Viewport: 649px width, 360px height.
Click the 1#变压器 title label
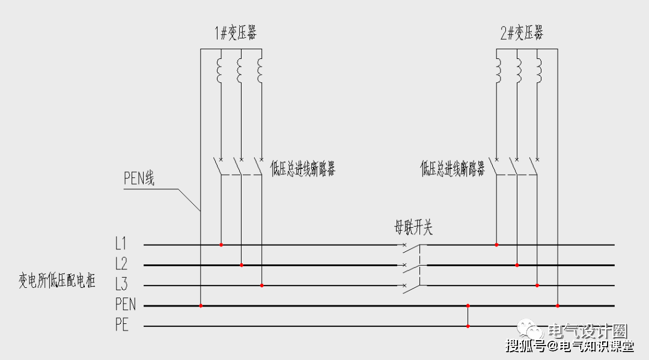click(236, 33)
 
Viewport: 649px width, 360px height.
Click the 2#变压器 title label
click(522, 33)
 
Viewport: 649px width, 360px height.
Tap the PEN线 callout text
click(139, 178)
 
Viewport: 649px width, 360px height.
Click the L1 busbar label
click(121, 245)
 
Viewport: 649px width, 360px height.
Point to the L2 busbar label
click(121, 264)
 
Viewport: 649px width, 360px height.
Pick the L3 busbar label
click(121, 285)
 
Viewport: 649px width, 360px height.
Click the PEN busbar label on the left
click(126, 305)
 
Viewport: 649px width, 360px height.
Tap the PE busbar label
click(121, 326)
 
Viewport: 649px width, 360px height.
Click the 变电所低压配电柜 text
click(56, 281)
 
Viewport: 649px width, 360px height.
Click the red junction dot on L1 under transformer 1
click(221, 245)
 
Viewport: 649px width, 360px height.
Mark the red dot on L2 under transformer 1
click(242, 265)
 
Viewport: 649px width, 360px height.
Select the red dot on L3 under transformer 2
click(537, 285)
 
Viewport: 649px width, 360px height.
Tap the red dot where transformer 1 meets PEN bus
click(201, 306)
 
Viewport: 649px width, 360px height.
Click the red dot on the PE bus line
click(468, 326)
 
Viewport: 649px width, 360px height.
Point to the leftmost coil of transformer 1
click(220, 71)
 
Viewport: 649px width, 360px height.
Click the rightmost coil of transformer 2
click(538, 71)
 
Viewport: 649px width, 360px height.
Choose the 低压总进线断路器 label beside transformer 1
click(303, 169)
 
